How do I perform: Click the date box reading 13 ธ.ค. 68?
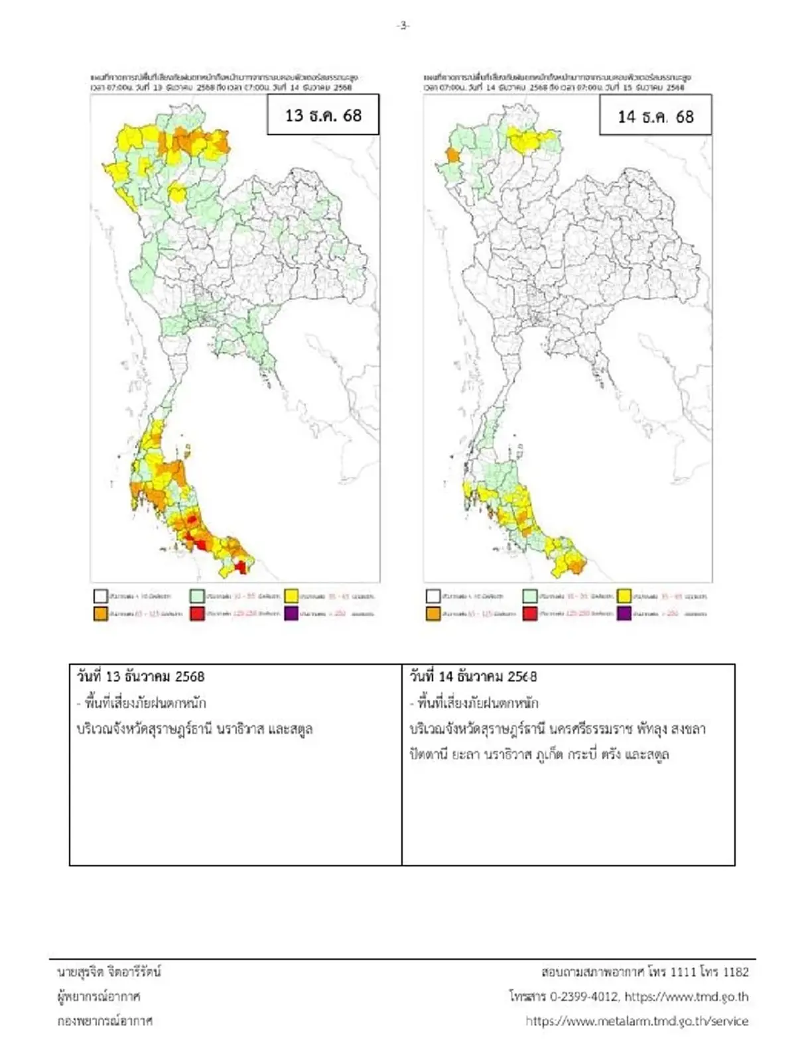click(323, 115)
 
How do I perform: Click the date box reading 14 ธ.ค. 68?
click(655, 117)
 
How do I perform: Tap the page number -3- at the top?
click(403, 25)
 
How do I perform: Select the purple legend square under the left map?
click(291, 613)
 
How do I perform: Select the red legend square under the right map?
click(529, 613)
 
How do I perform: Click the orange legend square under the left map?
click(100, 613)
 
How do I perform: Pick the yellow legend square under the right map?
click(624, 595)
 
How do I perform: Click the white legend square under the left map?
click(100, 595)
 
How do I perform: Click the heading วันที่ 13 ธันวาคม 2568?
click(141, 677)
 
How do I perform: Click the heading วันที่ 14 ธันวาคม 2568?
click(473, 677)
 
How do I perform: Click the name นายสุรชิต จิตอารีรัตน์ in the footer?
click(109, 972)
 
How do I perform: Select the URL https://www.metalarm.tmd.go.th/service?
click(637, 1021)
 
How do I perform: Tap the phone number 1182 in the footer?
click(736, 972)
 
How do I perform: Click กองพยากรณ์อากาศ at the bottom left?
click(105, 1021)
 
